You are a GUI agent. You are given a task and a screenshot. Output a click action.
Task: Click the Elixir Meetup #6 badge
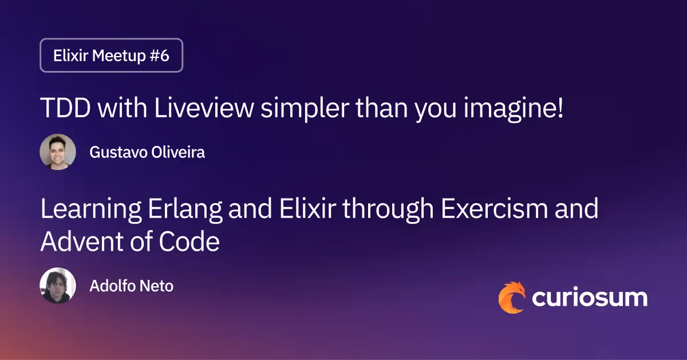111,56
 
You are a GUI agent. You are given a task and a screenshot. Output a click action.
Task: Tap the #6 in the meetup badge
157,56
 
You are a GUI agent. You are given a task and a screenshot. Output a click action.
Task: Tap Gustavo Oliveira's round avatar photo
58,152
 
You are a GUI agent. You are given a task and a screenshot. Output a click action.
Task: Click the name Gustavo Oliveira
147,152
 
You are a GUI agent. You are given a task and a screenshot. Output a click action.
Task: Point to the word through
380,210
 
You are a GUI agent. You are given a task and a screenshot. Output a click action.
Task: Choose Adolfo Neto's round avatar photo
58,286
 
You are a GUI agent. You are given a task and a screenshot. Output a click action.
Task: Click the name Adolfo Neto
131,286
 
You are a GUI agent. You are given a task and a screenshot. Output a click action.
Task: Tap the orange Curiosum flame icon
511,298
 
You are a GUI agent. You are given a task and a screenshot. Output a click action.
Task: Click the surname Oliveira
179,152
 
